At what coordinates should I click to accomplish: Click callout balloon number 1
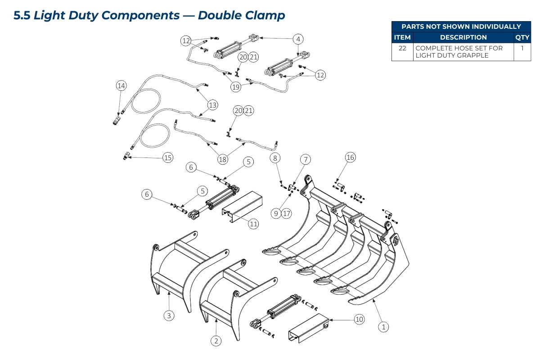[383, 327]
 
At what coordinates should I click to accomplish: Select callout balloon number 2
[216, 341]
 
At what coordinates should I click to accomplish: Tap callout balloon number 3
[169, 316]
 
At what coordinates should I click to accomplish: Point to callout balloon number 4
[298, 39]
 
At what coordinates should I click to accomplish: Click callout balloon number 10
[359, 319]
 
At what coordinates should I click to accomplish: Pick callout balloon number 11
[254, 224]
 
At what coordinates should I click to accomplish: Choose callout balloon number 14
[121, 85]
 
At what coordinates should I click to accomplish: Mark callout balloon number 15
[168, 157]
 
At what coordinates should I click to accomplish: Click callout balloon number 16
[350, 157]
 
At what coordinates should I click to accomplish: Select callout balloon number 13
[212, 105]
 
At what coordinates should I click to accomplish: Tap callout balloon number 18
[222, 159]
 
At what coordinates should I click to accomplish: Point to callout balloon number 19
[236, 87]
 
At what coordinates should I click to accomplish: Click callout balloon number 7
[306, 159]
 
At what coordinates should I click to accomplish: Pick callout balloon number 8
[275, 157]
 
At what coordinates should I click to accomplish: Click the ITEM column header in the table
[402, 37]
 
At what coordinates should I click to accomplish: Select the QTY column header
[522, 37]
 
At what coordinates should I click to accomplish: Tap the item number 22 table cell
[402, 48]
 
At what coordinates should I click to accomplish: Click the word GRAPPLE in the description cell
[473, 55]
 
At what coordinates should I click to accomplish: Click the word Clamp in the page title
[265, 15]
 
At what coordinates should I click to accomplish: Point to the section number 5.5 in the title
[22, 15]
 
